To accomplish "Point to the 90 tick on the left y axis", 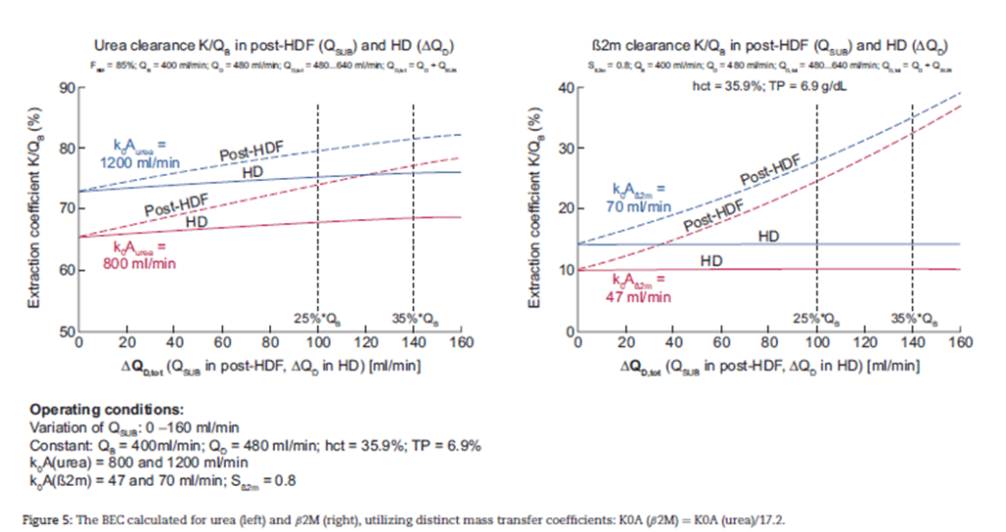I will point(67,89).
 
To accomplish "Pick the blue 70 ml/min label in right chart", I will point(639,198).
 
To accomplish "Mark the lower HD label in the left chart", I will point(196,223).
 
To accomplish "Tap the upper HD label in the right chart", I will point(768,236).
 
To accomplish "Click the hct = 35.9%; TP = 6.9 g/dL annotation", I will point(768,86).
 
